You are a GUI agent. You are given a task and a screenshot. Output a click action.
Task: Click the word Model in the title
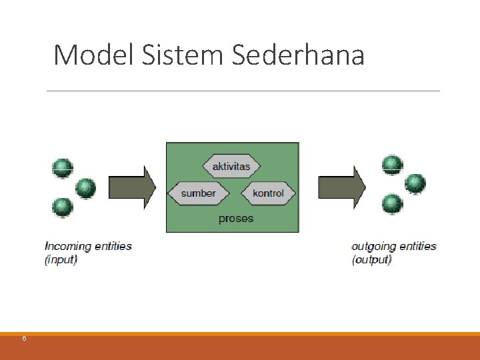[x=94, y=55]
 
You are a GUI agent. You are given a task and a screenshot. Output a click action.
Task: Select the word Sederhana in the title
[x=298, y=55]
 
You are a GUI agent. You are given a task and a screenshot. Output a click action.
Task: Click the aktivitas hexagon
[x=231, y=166]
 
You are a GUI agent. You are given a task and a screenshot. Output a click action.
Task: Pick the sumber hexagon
[x=198, y=193]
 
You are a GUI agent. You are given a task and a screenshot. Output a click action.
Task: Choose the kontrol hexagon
[x=268, y=193]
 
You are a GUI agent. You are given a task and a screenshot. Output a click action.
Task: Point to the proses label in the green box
[x=236, y=219]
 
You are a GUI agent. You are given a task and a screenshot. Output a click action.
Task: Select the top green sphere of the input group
[x=63, y=168]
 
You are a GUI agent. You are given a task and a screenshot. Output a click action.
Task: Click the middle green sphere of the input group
[x=85, y=188]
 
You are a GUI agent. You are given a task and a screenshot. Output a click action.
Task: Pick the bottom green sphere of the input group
[x=63, y=207]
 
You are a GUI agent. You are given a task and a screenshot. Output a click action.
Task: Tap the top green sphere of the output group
[x=392, y=164]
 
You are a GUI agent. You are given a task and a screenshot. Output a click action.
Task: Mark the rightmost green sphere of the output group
[x=415, y=183]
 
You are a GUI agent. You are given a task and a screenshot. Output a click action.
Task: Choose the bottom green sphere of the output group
[x=392, y=203]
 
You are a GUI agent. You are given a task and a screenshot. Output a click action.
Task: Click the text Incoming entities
[x=88, y=246]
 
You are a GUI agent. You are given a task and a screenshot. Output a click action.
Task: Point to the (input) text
[x=61, y=259]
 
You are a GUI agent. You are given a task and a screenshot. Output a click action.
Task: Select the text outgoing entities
[x=393, y=246]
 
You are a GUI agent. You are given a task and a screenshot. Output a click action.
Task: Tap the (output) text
[x=371, y=259]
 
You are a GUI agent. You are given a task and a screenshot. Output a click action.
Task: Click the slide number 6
[x=24, y=339]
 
